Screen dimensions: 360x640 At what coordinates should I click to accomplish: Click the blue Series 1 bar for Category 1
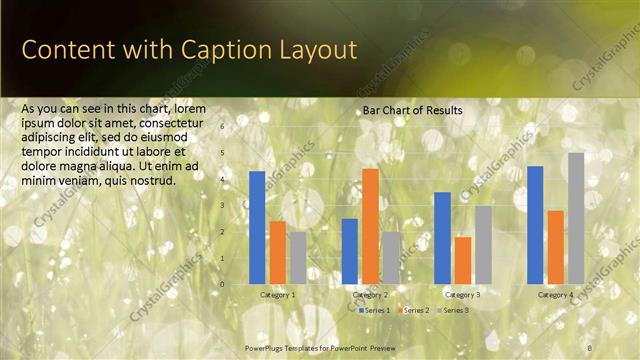point(257,227)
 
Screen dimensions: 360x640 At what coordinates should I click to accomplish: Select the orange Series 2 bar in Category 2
point(370,226)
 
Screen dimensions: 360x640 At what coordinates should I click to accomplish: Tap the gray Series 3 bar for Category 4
point(576,218)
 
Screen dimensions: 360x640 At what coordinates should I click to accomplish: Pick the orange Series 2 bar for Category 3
point(463,260)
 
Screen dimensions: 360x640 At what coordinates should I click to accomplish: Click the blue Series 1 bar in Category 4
point(535,225)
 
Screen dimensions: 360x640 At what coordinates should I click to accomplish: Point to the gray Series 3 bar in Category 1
point(297,258)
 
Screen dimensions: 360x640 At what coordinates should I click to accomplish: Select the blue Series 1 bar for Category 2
point(350,251)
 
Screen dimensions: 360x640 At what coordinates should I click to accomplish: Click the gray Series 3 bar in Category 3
point(483,245)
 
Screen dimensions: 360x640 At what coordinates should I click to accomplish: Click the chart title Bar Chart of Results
point(412,110)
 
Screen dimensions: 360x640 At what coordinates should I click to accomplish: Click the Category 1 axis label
point(277,295)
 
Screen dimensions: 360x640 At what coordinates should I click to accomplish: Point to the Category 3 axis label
point(463,295)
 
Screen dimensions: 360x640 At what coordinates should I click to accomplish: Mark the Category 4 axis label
point(556,295)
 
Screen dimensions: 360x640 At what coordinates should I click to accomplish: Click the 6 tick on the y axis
point(223,127)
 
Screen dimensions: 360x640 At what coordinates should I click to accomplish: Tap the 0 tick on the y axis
point(223,284)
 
